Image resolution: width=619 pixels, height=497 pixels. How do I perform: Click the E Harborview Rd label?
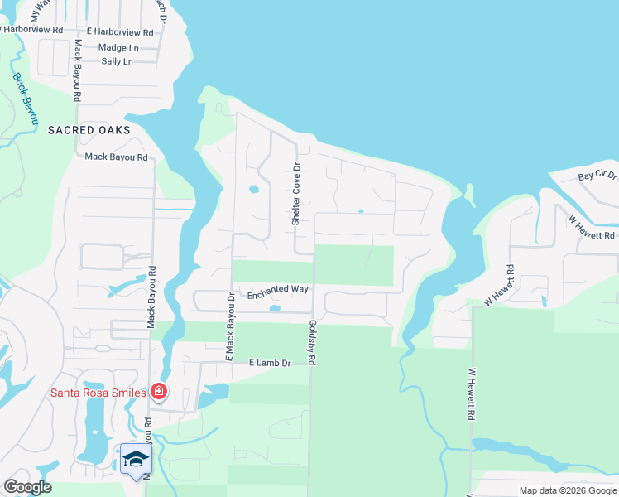point(113,33)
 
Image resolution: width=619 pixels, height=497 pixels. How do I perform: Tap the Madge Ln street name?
point(118,48)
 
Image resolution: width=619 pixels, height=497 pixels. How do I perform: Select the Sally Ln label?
point(117,61)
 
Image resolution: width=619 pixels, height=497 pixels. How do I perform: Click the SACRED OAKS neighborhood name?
point(89,130)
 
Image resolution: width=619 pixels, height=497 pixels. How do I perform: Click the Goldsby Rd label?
point(312,344)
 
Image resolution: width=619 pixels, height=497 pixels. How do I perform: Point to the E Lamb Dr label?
point(270,364)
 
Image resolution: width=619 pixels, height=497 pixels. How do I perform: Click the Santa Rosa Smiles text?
point(98,393)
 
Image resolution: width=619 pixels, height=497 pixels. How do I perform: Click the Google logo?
point(27,487)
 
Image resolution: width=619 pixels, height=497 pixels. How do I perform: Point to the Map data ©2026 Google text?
point(567,490)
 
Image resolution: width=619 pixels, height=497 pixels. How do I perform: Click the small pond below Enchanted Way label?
point(275,309)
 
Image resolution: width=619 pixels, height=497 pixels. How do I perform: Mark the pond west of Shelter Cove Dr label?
point(253,190)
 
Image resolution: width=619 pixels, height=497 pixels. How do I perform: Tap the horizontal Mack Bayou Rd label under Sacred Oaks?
point(116,157)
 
